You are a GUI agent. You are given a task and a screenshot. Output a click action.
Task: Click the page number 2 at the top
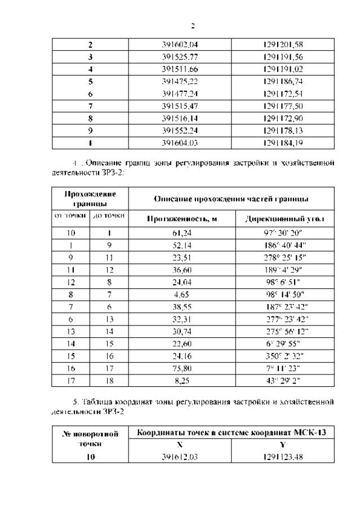(193, 26)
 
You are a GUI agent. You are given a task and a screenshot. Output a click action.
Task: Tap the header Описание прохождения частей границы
(231, 199)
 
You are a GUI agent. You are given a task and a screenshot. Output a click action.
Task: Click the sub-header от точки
(70, 215)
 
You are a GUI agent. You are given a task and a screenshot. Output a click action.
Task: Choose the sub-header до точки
(109, 215)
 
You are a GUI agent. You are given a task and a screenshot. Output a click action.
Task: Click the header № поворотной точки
(90, 438)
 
